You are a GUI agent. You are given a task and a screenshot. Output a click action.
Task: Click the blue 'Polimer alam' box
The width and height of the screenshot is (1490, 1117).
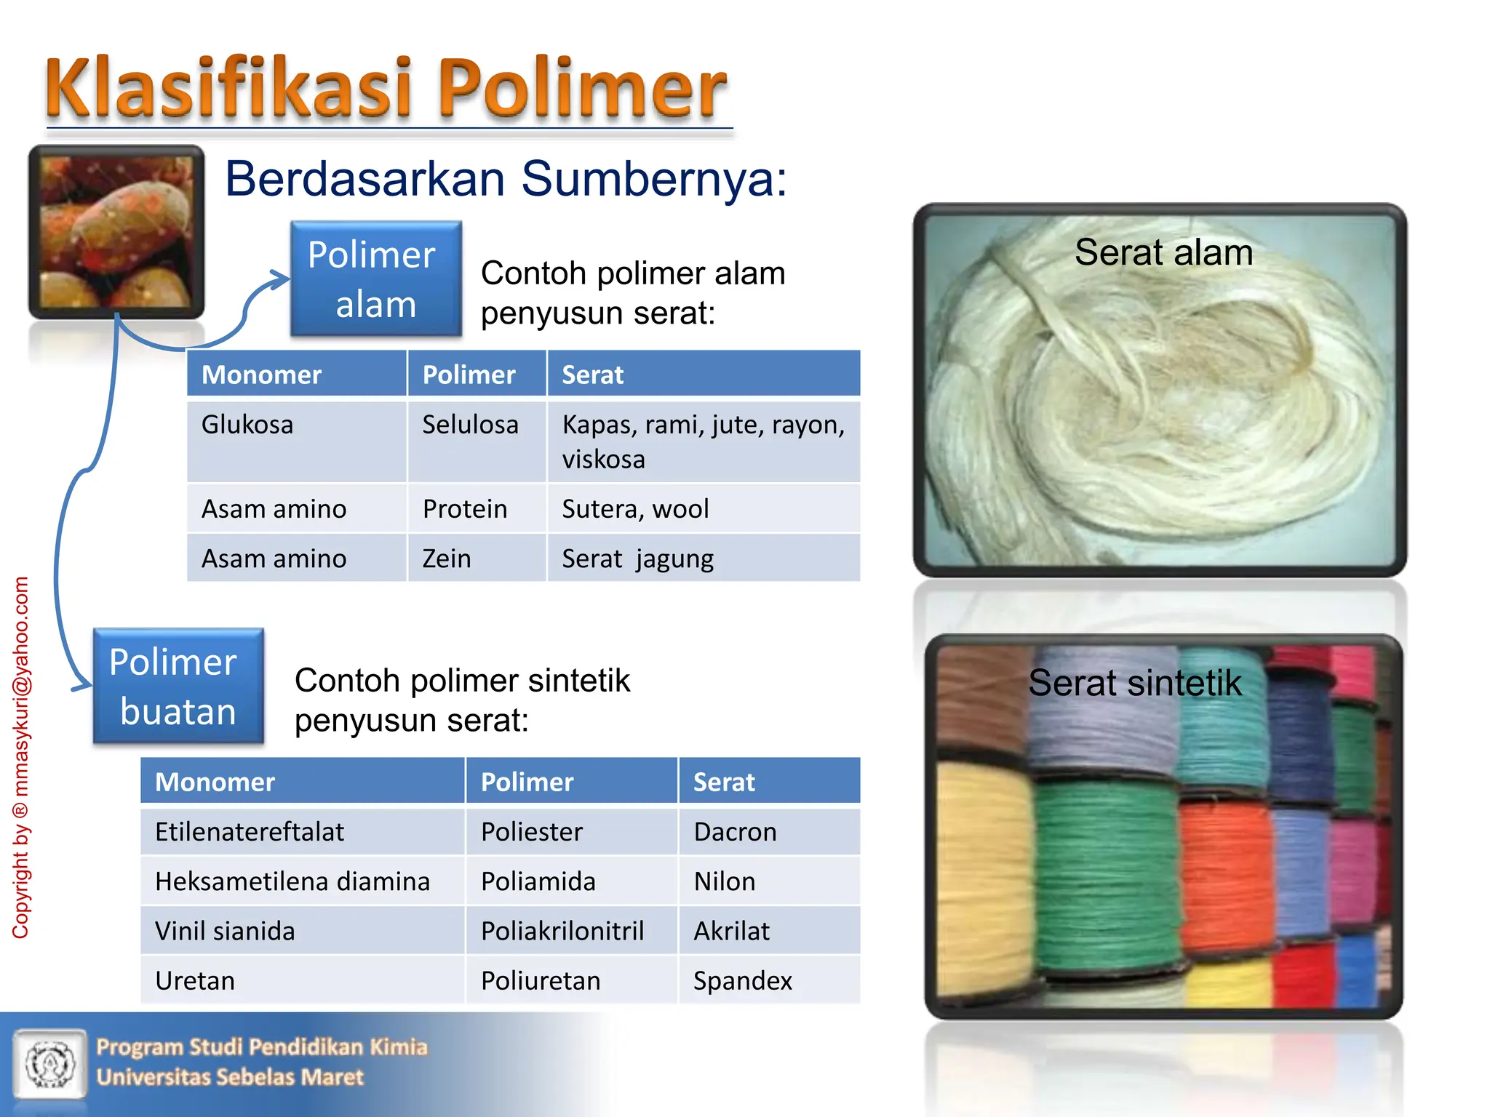(x=375, y=279)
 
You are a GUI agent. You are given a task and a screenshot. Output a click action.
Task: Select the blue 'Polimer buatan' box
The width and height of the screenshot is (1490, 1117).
(x=178, y=686)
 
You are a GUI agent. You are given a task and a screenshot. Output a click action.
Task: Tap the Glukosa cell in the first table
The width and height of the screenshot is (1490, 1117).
(x=247, y=425)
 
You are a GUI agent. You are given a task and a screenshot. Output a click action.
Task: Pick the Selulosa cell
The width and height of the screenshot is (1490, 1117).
(x=470, y=425)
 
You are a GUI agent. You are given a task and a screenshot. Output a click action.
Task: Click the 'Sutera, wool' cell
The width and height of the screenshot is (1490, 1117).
(x=635, y=509)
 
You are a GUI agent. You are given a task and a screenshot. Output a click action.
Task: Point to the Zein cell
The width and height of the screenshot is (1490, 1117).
(x=447, y=558)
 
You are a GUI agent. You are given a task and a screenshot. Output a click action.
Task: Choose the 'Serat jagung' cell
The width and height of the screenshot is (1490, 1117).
(x=637, y=558)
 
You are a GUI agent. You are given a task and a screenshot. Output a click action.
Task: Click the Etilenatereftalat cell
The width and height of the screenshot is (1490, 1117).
(x=250, y=832)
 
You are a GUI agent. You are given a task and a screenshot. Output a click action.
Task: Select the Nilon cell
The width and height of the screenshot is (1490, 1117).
(x=725, y=881)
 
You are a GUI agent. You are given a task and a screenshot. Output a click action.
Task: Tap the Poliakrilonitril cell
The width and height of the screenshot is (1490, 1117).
(x=562, y=931)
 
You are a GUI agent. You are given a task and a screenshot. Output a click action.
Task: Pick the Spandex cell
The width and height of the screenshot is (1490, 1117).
(x=742, y=980)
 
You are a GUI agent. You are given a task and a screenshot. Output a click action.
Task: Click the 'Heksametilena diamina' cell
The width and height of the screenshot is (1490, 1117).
(x=292, y=881)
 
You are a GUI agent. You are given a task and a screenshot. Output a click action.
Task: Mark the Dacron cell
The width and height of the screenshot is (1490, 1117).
(x=735, y=832)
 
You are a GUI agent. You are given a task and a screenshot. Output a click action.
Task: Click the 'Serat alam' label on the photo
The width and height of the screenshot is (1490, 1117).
(x=1163, y=252)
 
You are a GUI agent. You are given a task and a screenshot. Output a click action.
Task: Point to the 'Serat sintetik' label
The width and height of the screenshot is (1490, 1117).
(x=1135, y=683)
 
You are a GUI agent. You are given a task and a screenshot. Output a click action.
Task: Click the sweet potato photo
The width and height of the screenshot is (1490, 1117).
(x=116, y=231)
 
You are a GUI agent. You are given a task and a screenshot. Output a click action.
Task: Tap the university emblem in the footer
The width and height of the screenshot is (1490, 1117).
(x=49, y=1064)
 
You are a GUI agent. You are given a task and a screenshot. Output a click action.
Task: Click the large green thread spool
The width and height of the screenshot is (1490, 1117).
(x=1106, y=880)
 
